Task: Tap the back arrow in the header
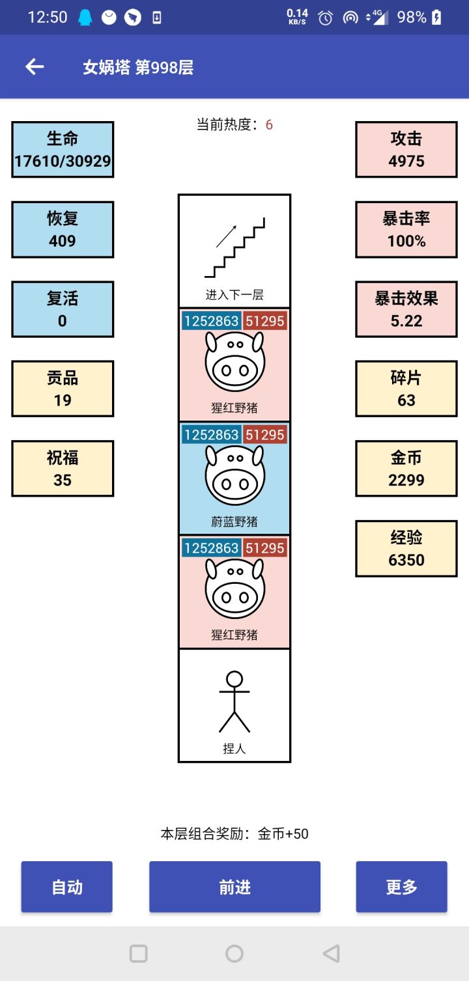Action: click(35, 66)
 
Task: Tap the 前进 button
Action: click(234, 887)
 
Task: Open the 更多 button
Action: click(401, 887)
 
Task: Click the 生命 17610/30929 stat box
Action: click(63, 149)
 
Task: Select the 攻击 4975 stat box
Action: click(406, 149)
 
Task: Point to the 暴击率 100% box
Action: click(406, 230)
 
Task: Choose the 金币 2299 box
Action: click(406, 469)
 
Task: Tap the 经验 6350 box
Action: click(406, 548)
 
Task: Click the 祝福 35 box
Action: click(63, 469)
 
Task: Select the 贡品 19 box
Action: click(63, 389)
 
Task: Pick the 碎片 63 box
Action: click(406, 389)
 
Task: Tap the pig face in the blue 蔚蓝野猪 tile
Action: click(235, 475)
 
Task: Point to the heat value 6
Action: click(269, 125)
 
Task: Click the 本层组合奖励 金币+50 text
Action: click(234, 833)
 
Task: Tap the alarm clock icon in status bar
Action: click(325, 18)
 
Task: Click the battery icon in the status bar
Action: click(436, 17)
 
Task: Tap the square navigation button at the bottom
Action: click(139, 954)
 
